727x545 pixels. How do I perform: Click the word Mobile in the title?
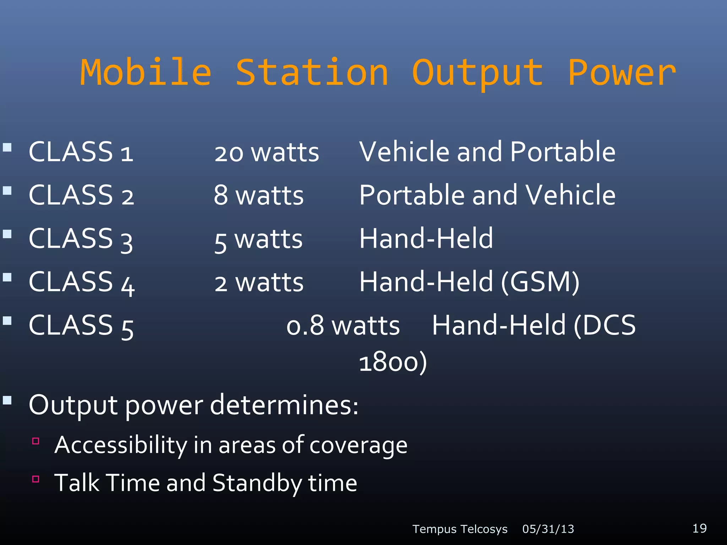pos(146,73)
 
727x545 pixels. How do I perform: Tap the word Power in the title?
pos(622,73)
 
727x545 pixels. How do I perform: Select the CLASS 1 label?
pos(81,152)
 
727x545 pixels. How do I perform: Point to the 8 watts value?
pos(258,196)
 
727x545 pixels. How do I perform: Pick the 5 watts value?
pos(258,240)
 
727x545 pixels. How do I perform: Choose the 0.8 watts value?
pos(343,326)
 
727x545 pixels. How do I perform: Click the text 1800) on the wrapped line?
pos(393,362)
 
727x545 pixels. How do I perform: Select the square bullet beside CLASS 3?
pos(7,234)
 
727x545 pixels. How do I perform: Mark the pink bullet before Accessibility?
pos(35,441)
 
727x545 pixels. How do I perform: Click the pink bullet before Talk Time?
pos(35,479)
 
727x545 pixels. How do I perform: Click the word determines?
pos(284,405)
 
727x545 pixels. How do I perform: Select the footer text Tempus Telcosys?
pos(460,529)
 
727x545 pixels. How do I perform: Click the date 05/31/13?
pos(548,529)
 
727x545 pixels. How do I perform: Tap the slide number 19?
pos(699,528)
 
